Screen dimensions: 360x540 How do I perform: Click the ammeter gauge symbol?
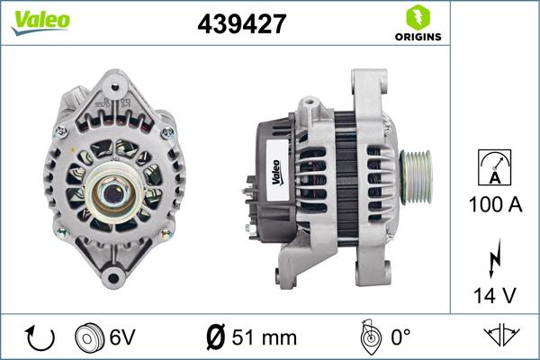coord(495,171)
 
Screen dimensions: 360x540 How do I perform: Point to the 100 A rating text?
coord(495,204)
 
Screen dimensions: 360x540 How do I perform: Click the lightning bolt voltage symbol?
coord(495,262)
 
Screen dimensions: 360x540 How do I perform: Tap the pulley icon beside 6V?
coord(88,337)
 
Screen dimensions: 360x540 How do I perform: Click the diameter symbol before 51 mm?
coord(216,338)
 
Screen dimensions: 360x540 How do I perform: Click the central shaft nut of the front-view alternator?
coord(114,190)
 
